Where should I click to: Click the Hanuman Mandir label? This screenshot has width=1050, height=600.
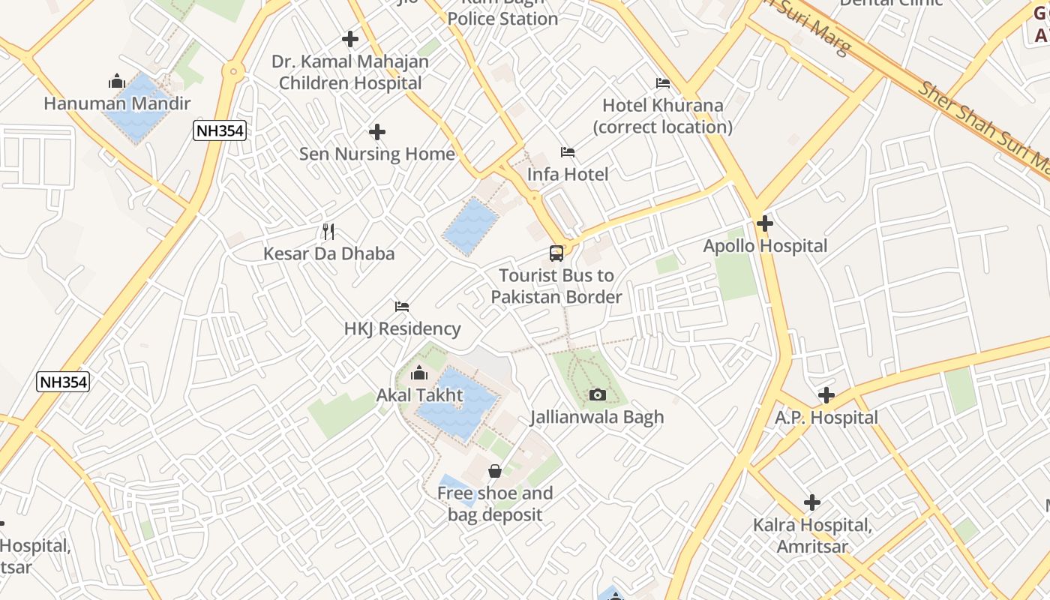[x=117, y=103]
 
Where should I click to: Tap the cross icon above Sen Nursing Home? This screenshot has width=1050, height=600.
[x=377, y=133]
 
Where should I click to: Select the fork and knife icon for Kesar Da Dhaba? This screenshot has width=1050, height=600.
[x=328, y=232]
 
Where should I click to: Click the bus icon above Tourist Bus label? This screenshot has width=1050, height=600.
[x=556, y=253]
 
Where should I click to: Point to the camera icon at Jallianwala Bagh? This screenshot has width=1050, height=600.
[x=598, y=394]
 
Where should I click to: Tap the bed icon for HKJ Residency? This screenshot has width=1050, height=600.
[x=402, y=307]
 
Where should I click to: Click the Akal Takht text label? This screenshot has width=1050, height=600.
[x=419, y=394]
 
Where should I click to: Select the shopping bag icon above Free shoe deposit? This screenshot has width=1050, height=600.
[x=495, y=471]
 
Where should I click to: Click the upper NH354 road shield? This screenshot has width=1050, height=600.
[x=220, y=130]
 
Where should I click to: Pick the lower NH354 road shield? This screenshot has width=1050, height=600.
[x=63, y=382]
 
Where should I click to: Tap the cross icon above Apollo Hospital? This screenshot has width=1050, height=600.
[x=765, y=223]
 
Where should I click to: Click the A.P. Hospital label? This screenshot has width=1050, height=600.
[x=826, y=418]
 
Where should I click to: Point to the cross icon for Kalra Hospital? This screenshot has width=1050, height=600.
[x=812, y=502]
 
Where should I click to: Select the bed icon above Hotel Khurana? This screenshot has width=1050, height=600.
[x=663, y=83]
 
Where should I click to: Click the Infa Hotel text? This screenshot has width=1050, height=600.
[x=568, y=174]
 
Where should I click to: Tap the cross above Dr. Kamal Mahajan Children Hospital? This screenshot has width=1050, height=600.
[x=350, y=39]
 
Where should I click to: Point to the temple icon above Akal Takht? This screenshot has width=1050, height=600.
[x=419, y=373]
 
